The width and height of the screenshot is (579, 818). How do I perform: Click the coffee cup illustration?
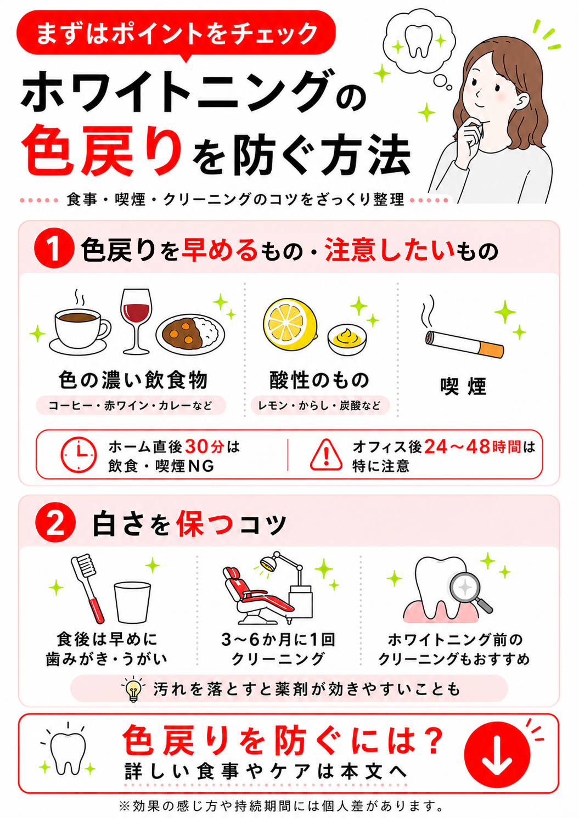coord(80,330)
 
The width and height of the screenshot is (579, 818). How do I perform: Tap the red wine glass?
coord(136,321)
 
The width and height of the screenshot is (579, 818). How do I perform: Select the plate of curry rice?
coord(190,334)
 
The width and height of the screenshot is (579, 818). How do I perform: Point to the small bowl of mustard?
coord(347,340)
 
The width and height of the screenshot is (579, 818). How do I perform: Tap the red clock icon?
coord(78,455)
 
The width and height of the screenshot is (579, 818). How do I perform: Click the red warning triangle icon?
coord(326,455)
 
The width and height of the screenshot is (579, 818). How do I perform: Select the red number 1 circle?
coord(54,249)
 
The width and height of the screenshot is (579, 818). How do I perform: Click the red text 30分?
coord(205,446)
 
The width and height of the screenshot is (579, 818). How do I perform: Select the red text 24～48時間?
coord(473,446)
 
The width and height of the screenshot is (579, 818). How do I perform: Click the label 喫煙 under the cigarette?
coord(463,386)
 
